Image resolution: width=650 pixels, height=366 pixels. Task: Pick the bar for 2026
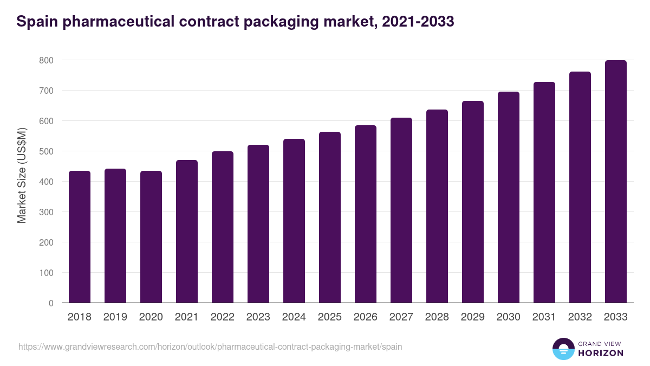pyautogui.click(x=366, y=214)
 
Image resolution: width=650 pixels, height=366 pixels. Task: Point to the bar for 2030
pyautogui.click(x=509, y=197)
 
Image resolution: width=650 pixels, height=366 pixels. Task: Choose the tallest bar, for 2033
pyautogui.click(x=616, y=182)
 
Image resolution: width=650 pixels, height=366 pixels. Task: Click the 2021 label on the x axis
pyautogui.click(x=187, y=317)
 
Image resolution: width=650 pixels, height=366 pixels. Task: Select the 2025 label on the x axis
pyautogui.click(x=330, y=317)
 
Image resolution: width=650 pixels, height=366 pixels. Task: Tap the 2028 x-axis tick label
pyautogui.click(x=437, y=317)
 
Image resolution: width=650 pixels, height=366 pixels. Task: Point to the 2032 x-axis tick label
pyautogui.click(x=580, y=317)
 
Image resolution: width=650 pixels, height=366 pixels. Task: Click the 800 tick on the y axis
pyautogui.click(x=46, y=60)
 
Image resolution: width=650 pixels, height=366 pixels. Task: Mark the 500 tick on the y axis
pyautogui.click(x=46, y=151)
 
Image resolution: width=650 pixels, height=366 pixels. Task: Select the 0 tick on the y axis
pyautogui.click(x=51, y=303)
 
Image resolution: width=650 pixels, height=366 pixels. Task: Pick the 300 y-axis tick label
pyautogui.click(x=46, y=212)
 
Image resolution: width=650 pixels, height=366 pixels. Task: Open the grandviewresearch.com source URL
pyautogui.click(x=210, y=346)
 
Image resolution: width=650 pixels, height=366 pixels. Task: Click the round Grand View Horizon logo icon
pyautogui.click(x=563, y=349)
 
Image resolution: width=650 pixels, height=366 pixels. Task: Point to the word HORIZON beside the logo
pyautogui.click(x=600, y=353)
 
